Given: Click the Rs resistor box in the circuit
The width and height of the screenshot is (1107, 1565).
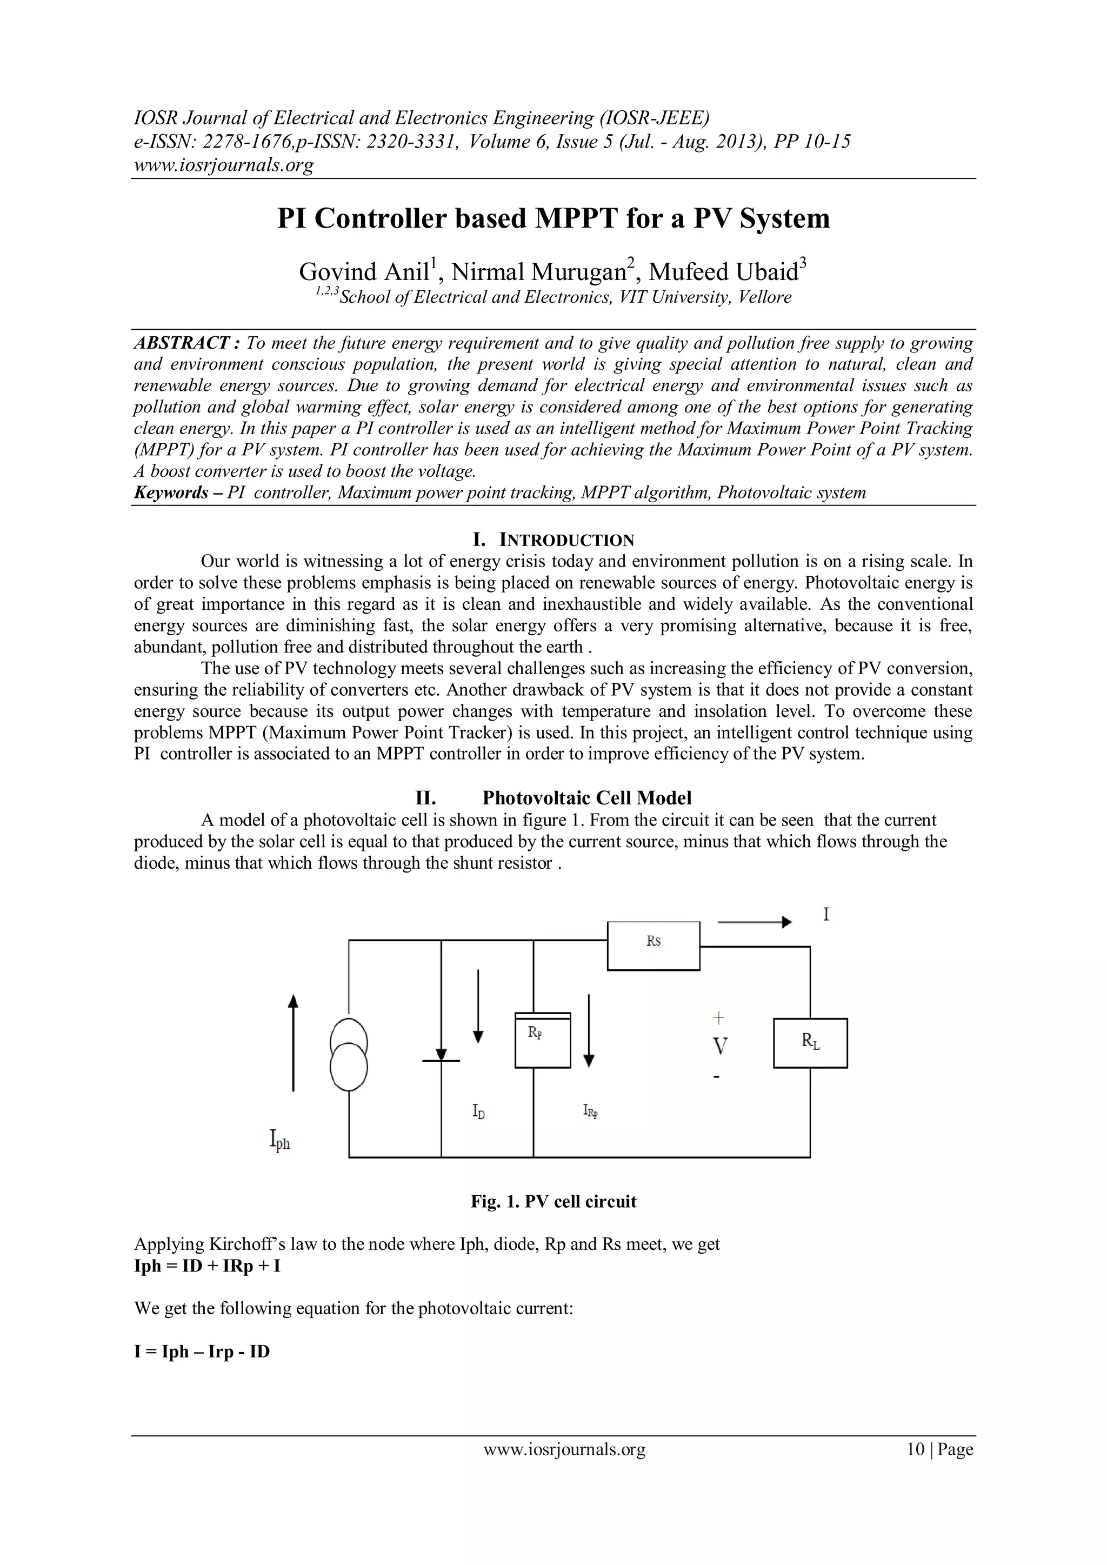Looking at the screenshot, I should click(653, 945).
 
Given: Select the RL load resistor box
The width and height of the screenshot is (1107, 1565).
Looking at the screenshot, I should click(810, 1043).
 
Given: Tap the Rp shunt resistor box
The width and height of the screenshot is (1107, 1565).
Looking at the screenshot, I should click(542, 1041).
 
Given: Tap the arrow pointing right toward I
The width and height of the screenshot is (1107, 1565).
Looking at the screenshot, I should click(755, 922).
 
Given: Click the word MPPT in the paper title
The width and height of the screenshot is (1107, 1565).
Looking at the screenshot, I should click(578, 218).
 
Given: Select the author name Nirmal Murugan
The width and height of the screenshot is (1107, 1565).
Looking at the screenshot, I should click(538, 272).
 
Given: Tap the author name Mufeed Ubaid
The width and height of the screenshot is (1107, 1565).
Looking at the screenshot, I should click(723, 272).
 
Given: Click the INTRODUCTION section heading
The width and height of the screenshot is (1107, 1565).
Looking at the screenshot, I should click(553, 540).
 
